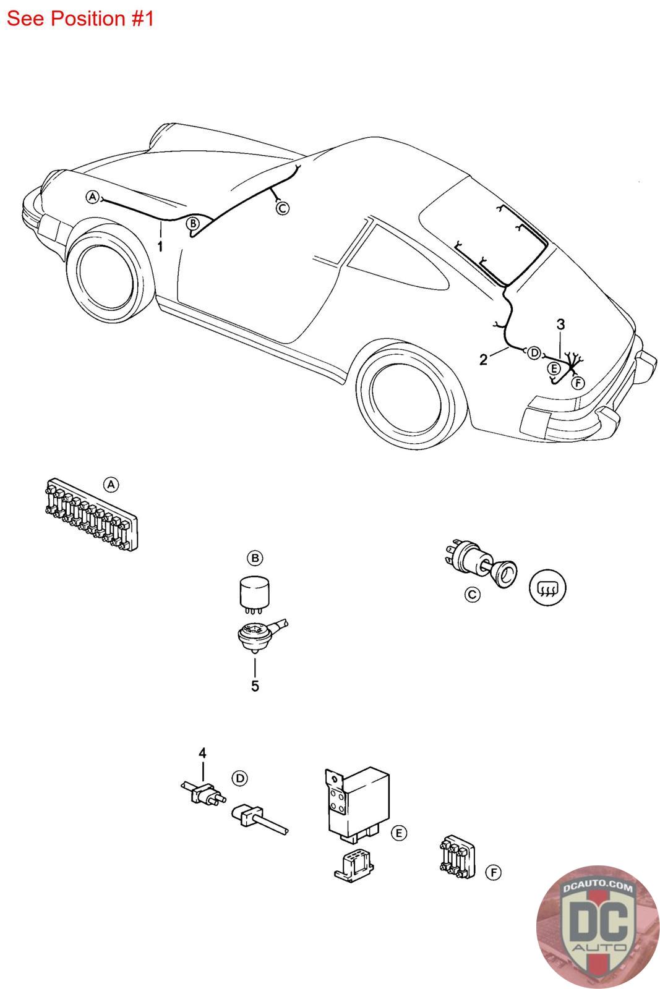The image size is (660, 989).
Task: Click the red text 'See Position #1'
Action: (x=80, y=19)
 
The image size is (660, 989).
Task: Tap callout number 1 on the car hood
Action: (x=160, y=246)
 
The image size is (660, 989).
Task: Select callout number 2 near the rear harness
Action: (x=483, y=359)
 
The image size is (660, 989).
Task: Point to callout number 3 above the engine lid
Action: (x=560, y=324)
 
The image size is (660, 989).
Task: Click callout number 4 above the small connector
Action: (x=202, y=753)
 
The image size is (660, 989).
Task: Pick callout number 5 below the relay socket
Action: (x=255, y=686)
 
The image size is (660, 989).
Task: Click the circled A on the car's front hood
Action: (x=93, y=197)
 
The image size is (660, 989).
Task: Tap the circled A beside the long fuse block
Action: (x=111, y=485)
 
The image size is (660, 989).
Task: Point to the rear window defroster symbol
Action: (x=548, y=586)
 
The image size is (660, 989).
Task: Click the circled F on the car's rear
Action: (x=577, y=383)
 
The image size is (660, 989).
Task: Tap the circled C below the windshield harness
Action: (x=282, y=208)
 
